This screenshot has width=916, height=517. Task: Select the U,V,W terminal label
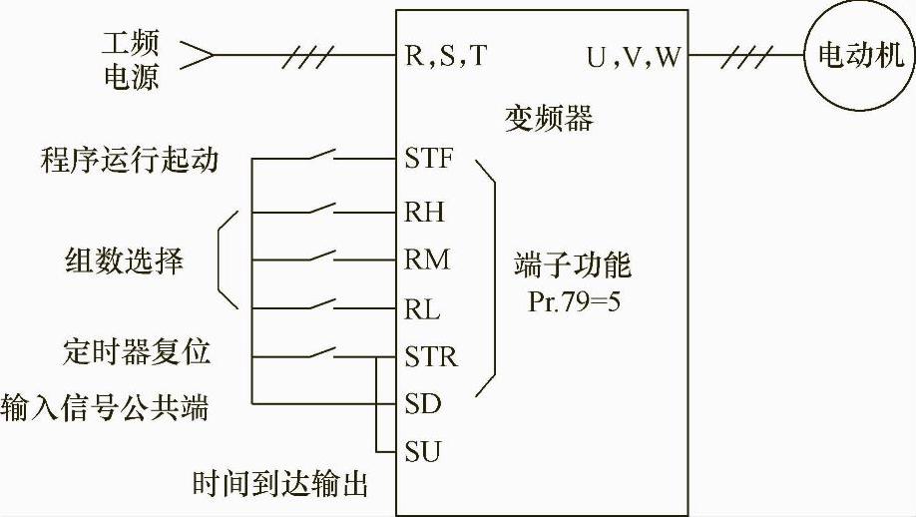click(633, 56)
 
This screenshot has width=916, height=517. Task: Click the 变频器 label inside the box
click(548, 120)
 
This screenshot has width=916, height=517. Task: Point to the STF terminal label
click(430, 159)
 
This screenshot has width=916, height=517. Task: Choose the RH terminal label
click(425, 212)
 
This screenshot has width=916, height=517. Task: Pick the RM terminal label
click(427, 259)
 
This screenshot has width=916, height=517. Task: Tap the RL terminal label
click(423, 307)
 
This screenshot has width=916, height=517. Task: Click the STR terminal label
click(431, 355)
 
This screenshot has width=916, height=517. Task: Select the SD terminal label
click(423, 404)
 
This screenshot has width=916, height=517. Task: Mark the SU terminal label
click(423, 452)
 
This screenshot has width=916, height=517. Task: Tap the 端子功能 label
click(573, 267)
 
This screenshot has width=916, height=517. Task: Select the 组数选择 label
click(120, 261)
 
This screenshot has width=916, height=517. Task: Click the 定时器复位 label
click(136, 353)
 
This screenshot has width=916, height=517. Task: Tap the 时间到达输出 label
click(280, 485)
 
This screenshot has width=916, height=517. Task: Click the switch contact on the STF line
click(319, 157)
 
